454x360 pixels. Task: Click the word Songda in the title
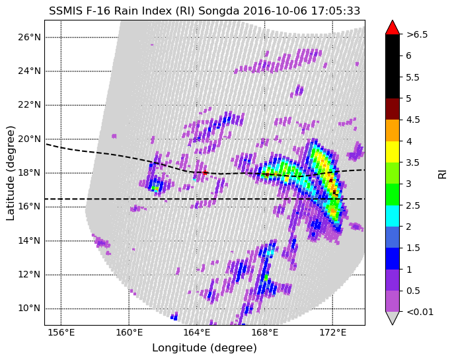[219, 11]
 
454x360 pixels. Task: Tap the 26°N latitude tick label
[29, 38]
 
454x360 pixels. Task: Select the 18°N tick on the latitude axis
[29, 173]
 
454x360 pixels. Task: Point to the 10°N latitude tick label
[29, 308]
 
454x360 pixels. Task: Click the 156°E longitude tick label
[61, 332]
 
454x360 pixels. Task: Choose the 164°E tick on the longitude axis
[197, 332]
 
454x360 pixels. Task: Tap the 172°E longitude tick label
[332, 332]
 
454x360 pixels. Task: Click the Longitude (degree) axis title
[204, 348]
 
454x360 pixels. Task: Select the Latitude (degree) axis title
[10, 173]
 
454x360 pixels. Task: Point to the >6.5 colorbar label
[417, 35]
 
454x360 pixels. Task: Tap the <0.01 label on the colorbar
[420, 312]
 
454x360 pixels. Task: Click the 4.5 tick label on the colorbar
[413, 120]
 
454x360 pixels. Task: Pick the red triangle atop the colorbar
[393, 28]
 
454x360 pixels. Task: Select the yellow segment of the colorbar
[393, 152]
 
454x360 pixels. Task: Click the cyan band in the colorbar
[393, 216]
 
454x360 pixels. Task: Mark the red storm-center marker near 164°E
[205, 173]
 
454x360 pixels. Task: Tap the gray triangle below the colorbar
[393, 318]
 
